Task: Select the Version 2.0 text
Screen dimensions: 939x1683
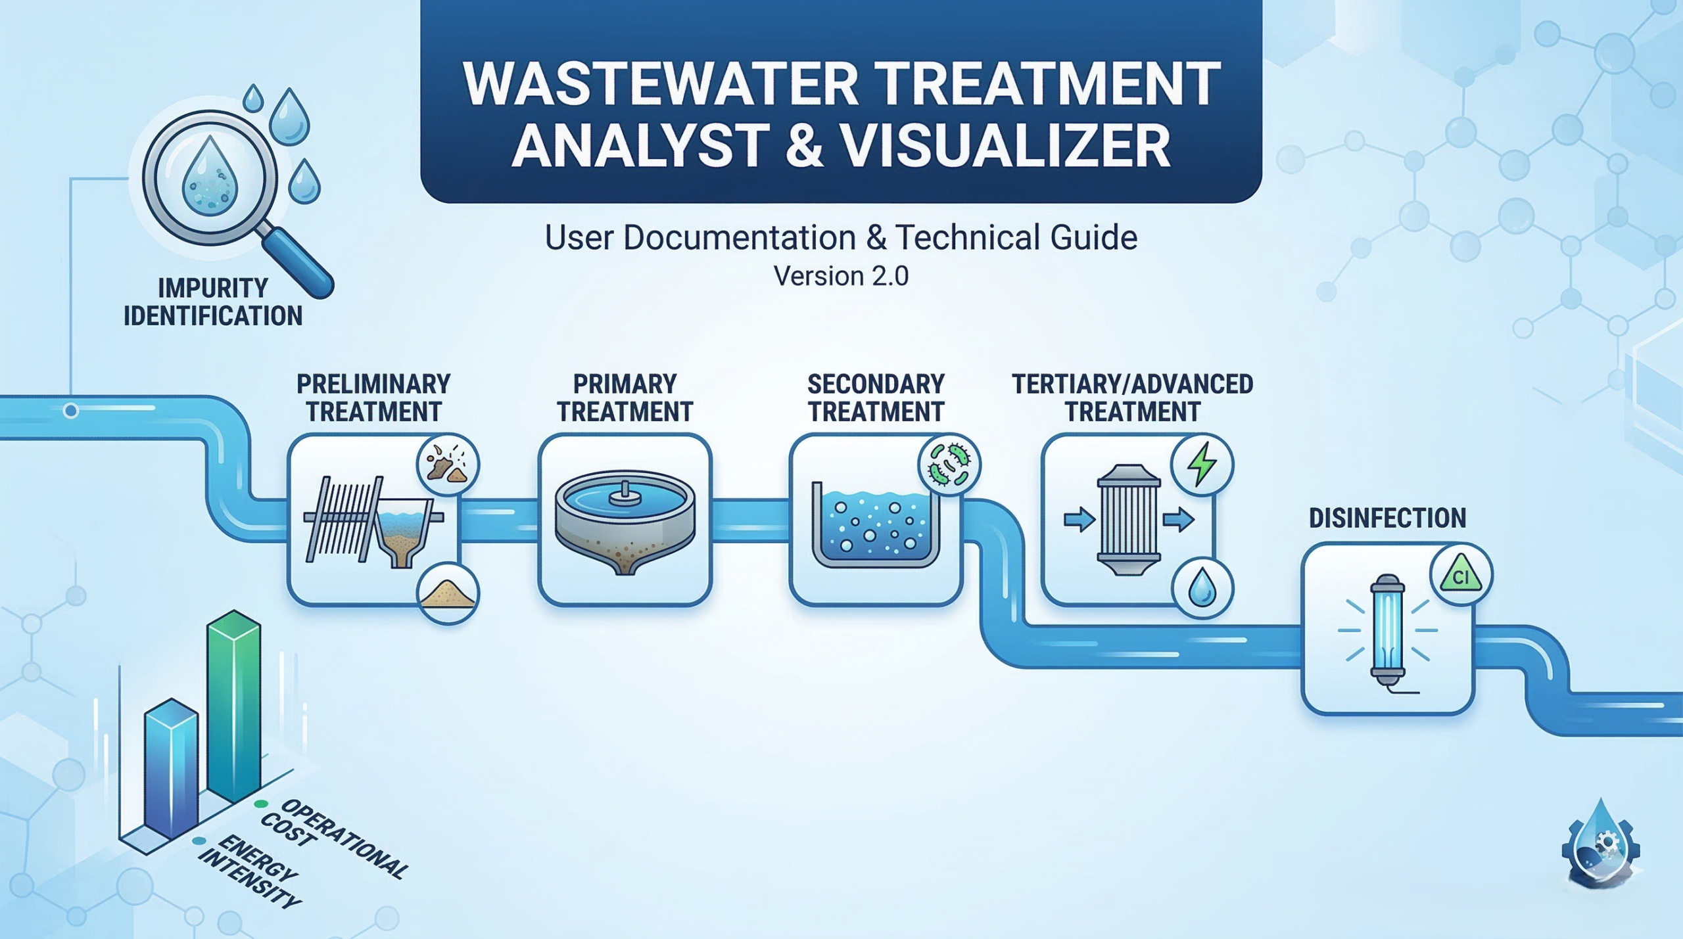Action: [841, 277]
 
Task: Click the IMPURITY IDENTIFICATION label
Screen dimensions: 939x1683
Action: [213, 302]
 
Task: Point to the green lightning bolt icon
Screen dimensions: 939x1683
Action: [1202, 465]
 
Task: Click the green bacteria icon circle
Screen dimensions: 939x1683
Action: [949, 465]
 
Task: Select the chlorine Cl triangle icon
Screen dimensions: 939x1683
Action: [1461, 575]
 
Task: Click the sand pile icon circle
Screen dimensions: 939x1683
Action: [448, 593]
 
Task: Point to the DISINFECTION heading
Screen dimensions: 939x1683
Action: [1387, 518]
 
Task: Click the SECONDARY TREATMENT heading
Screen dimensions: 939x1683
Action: [876, 398]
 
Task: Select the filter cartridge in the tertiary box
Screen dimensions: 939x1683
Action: [1128, 520]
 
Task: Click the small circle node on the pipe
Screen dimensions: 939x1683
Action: [71, 411]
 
